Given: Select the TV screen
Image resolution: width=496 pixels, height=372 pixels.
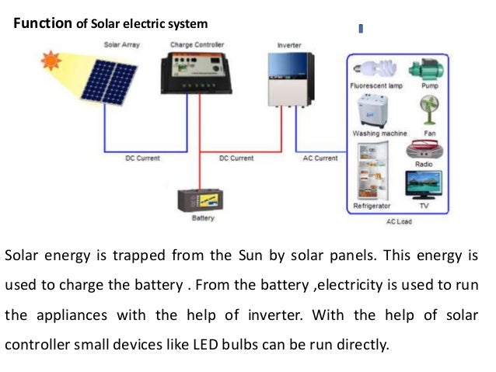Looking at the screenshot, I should point(424,186).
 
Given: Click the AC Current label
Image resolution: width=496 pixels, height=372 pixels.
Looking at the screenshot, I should point(320,158).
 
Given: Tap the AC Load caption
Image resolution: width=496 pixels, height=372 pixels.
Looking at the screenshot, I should point(398,221).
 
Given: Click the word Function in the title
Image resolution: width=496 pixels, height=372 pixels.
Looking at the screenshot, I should point(43,24).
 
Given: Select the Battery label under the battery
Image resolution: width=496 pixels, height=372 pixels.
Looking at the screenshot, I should point(202,218).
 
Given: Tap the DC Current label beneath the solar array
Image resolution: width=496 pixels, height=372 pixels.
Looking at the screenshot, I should point(142,158).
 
